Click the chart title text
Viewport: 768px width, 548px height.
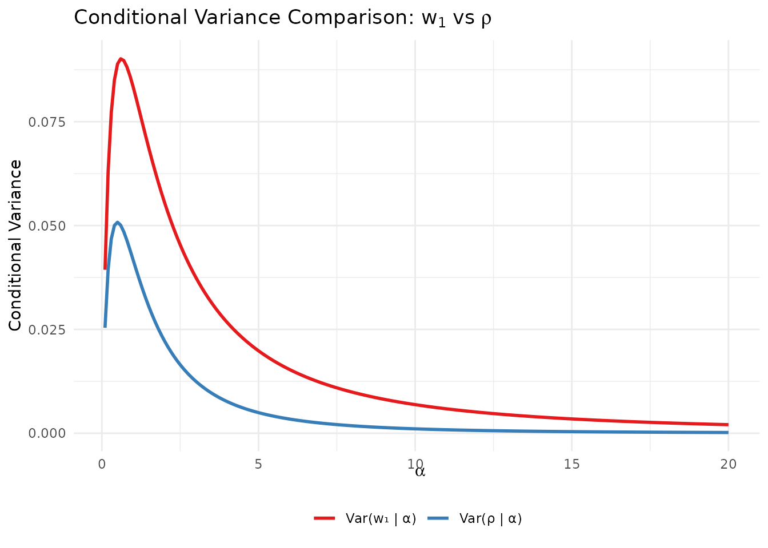pos(283,18)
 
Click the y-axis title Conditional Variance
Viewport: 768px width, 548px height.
pos(15,245)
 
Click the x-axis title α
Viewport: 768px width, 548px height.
pos(420,472)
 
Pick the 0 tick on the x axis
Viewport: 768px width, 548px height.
pos(102,464)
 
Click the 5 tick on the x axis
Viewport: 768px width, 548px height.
pos(258,464)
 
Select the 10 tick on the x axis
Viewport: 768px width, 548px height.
pos(415,464)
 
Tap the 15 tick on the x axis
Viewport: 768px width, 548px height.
pos(571,464)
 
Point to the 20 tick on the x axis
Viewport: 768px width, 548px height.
pos(728,464)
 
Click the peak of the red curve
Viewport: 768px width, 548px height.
pos(121,59)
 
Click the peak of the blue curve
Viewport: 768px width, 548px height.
pos(117,222)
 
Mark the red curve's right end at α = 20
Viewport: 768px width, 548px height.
pos(727,425)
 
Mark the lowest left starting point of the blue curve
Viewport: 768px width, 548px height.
pos(105,327)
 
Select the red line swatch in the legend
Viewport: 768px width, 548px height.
pos(324,518)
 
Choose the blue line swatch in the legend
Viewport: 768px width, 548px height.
pos(438,518)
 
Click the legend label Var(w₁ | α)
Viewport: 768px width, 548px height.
pos(381,518)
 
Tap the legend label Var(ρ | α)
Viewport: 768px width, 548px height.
pos(490,518)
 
